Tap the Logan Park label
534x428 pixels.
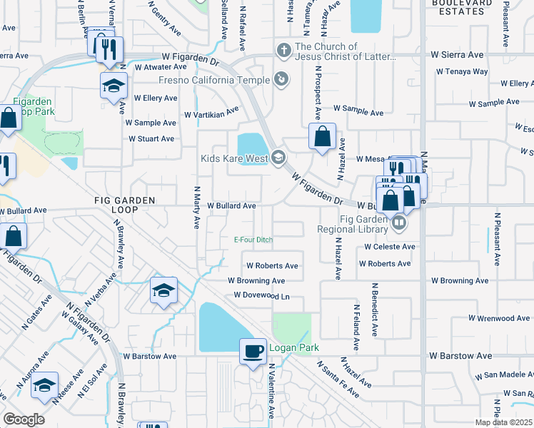[293, 348]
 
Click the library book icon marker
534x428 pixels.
[399, 223]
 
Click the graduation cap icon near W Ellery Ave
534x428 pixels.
[114, 86]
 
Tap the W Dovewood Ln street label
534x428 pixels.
[261, 295]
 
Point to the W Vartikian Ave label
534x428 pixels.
[211, 113]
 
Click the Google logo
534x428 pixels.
[24, 419]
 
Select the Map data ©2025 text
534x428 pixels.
[503, 422]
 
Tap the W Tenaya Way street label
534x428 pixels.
[462, 71]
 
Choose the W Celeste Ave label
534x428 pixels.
[389, 247]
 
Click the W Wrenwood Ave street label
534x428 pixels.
[500, 318]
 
